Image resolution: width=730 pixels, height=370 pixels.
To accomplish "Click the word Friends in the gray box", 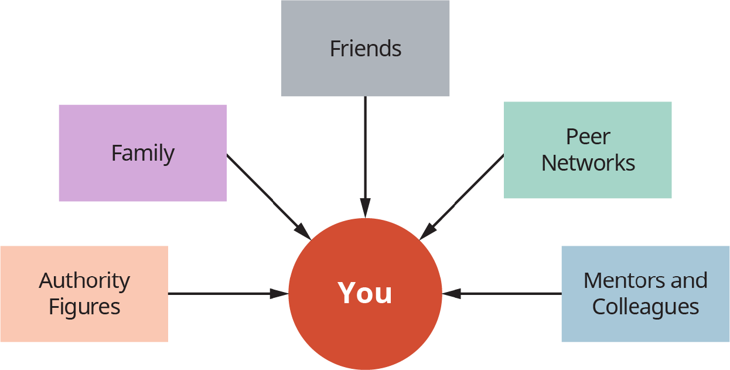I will coord(366,49).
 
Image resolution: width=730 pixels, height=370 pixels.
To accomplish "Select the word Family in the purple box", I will coord(143,154).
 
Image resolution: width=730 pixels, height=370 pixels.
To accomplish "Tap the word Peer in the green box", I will coord(588,137).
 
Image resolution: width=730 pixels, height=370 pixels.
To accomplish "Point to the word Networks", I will coord(588,163).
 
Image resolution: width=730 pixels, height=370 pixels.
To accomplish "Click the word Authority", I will coord(84,281).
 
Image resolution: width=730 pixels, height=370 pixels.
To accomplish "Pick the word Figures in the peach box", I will coord(84,307).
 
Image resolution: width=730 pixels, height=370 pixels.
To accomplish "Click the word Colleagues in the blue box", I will coord(646,307).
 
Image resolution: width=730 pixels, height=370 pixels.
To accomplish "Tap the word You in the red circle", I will coord(365,293).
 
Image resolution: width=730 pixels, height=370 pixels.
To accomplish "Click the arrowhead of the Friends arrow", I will coord(365,208).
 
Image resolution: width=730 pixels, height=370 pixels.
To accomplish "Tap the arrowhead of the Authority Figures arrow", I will coord(279,293).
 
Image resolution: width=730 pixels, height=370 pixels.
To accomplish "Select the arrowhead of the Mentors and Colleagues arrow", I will coord(451,293).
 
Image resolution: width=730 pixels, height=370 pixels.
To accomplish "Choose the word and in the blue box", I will coord(690,280).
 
